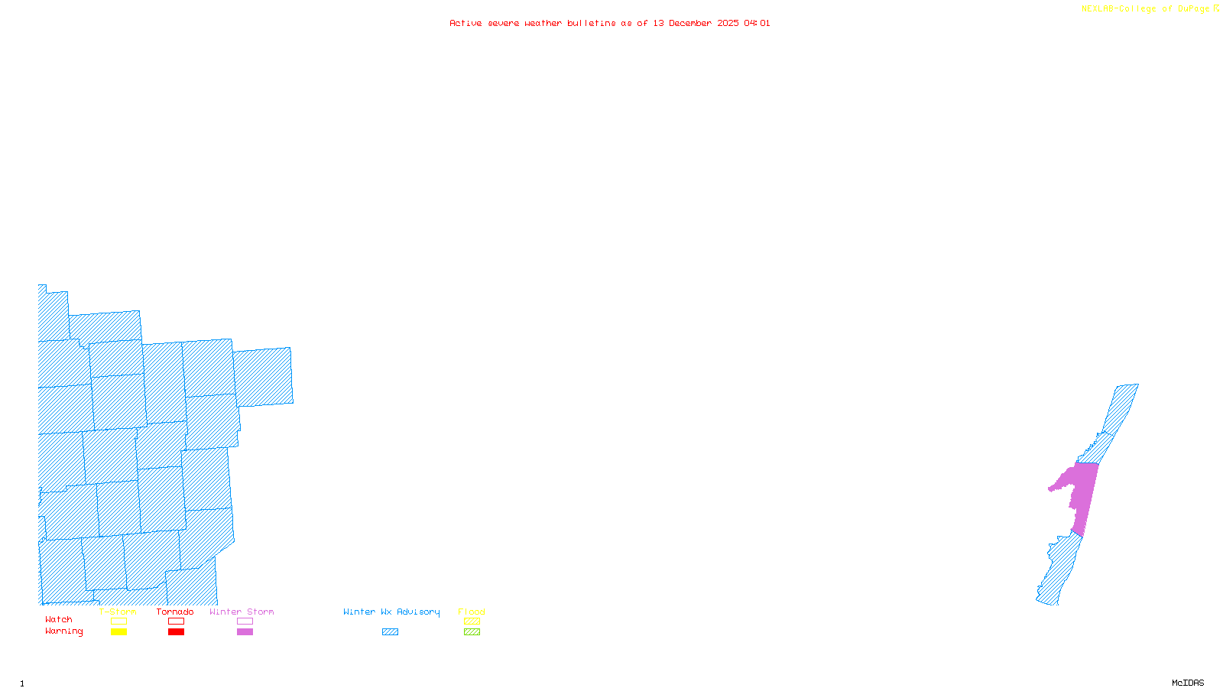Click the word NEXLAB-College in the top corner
click(x=1118, y=9)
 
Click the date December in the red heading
click(x=690, y=23)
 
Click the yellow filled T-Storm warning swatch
click(x=118, y=632)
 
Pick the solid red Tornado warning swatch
click(x=176, y=632)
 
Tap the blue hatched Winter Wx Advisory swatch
click(x=390, y=632)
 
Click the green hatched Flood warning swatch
click(x=472, y=632)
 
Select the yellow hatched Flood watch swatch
click(x=472, y=621)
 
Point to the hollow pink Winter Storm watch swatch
click(x=245, y=621)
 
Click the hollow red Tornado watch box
click(x=176, y=621)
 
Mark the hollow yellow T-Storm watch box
click(x=118, y=621)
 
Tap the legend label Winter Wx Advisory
click(x=391, y=612)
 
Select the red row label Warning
click(x=63, y=631)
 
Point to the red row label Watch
click(x=58, y=620)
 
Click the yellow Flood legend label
click(x=472, y=612)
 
